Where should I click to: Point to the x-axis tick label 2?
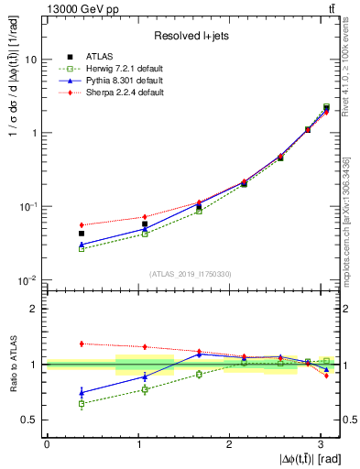point(230,444)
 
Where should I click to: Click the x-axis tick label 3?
point(322,444)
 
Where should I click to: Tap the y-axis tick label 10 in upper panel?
point(30,60)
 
